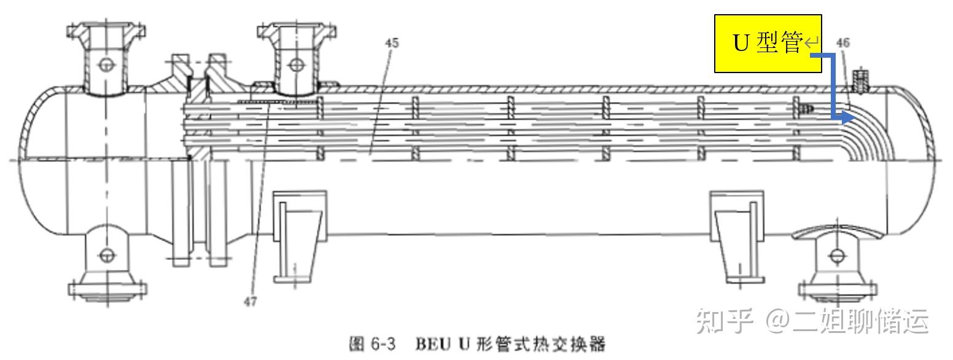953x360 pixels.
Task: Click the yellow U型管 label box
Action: click(768, 44)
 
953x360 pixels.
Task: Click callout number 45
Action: click(391, 42)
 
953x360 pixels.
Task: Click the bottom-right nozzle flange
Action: click(836, 288)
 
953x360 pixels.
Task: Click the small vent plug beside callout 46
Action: click(862, 80)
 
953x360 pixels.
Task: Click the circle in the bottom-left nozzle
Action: click(107, 254)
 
